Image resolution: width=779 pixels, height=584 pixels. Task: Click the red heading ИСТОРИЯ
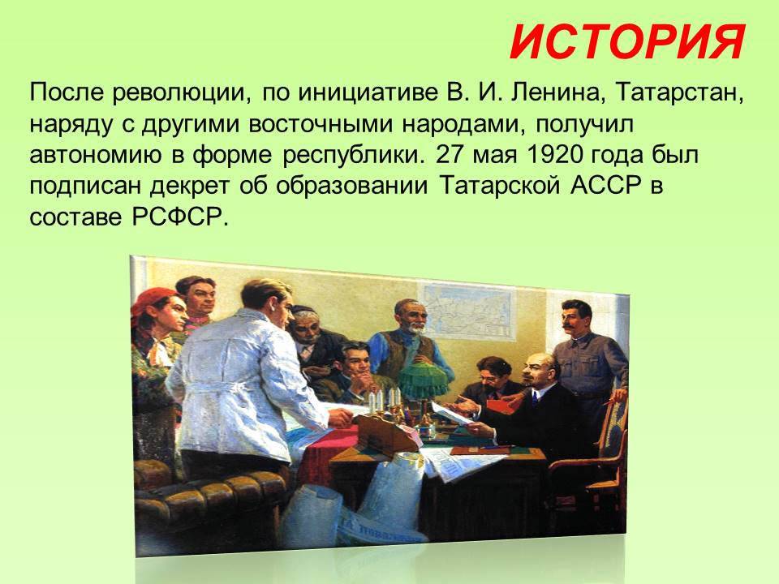pyautogui.click(x=628, y=42)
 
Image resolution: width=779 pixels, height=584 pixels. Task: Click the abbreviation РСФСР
pyautogui.click(x=179, y=217)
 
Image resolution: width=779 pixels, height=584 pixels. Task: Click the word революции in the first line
pyautogui.click(x=182, y=93)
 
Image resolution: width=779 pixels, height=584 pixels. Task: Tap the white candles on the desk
pyautogui.click(x=385, y=400)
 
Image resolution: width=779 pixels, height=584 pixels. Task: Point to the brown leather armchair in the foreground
pyautogui.click(x=209, y=501)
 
